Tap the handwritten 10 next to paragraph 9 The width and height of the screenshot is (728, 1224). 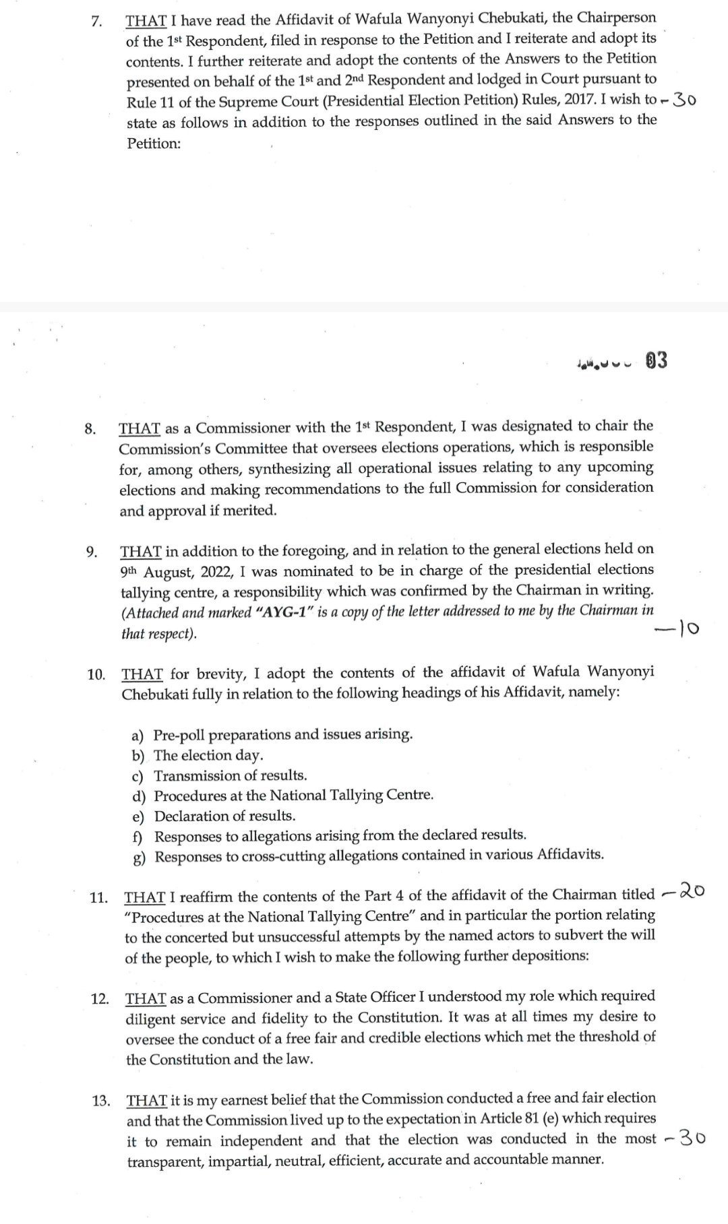pyautogui.click(x=683, y=629)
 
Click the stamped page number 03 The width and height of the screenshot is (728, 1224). pyautogui.click(x=656, y=361)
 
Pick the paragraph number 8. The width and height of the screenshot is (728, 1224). pyautogui.click(x=90, y=429)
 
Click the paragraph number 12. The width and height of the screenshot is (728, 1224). pyautogui.click(x=100, y=998)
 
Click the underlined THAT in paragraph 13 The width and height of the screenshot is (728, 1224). pyautogui.click(x=146, y=1101)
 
